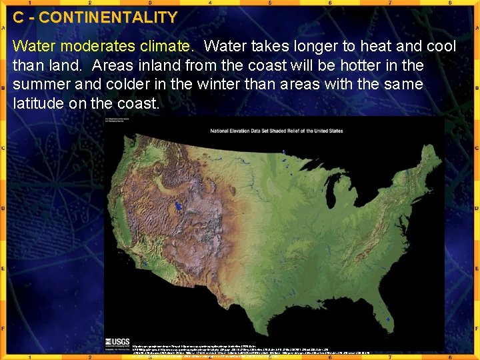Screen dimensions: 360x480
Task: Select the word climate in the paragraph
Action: pos(162,47)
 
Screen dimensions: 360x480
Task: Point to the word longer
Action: pos(295,47)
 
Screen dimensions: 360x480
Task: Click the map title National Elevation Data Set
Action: pos(276,131)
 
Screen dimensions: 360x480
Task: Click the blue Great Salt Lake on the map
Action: pos(177,206)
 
